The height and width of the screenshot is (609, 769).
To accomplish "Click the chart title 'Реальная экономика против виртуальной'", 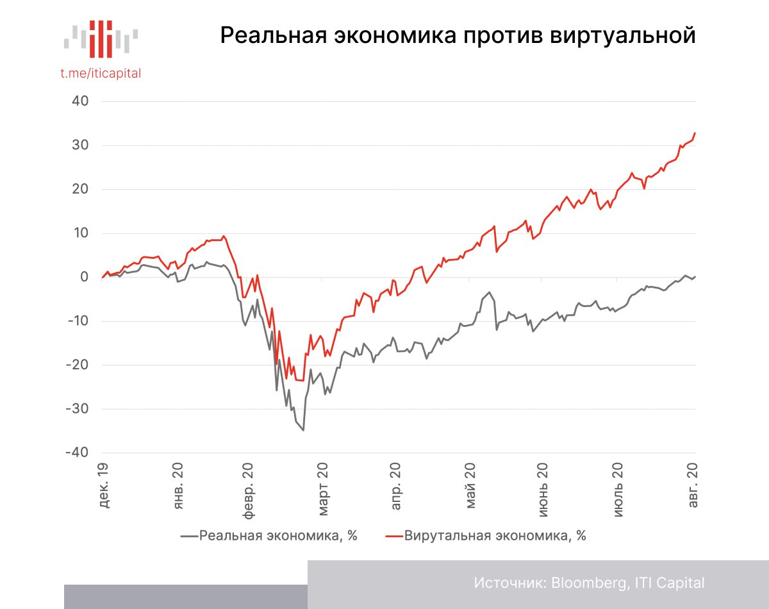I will (x=458, y=35).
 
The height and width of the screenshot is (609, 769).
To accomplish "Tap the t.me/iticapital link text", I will (x=101, y=73).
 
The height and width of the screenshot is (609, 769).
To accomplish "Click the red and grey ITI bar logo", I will (x=101, y=37).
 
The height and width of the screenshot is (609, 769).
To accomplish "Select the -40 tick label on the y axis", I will (x=77, y=453).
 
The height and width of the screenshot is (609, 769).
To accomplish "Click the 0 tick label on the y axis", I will (x=85, y=277).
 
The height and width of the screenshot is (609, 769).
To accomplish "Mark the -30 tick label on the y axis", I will (x=77, y=409).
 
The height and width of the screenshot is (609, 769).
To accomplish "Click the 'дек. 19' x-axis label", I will (x=104, y=485).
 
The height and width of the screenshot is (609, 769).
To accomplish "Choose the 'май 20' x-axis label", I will (x=471, y=485).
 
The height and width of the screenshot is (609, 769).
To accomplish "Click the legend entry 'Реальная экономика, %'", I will (x=269, y=536).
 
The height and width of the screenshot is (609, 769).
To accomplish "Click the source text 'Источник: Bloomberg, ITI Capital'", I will (x=589, y=583).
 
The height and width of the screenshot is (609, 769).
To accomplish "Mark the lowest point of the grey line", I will (x=303, y=430).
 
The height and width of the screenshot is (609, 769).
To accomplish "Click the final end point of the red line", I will (x=695, y=133).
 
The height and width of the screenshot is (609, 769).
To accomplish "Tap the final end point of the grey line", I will (x=695, y=276).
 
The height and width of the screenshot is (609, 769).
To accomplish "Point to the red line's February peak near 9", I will (x=224, y=236).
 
